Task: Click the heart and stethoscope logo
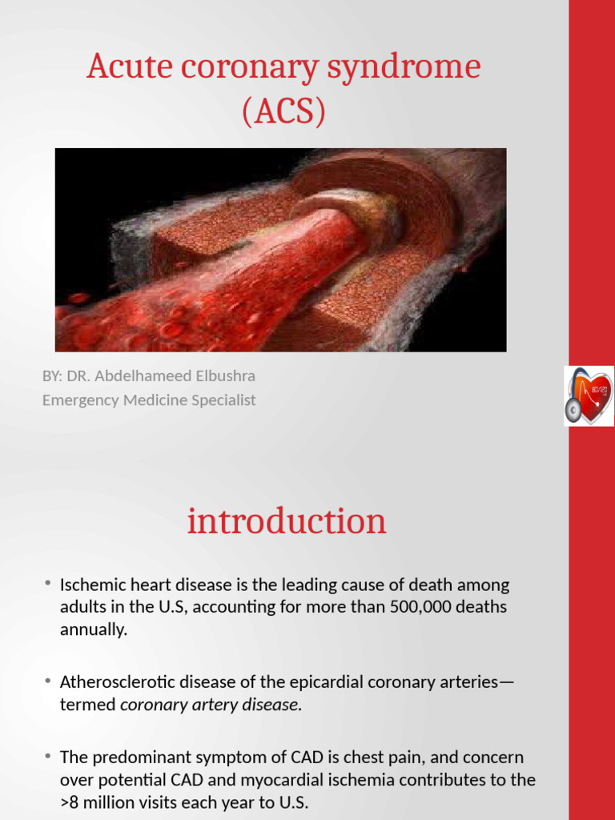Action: pos(589,396)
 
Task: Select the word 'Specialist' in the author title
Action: pos(223,400)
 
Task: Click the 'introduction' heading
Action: pos(287,521)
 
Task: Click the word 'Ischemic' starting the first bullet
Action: pos(90,585)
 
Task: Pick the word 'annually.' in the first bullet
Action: pos(94,629)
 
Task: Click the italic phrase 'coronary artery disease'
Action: pos(211,704)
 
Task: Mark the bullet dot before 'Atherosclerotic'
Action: pos(48,681)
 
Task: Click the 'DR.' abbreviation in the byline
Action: pos(78,376)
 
